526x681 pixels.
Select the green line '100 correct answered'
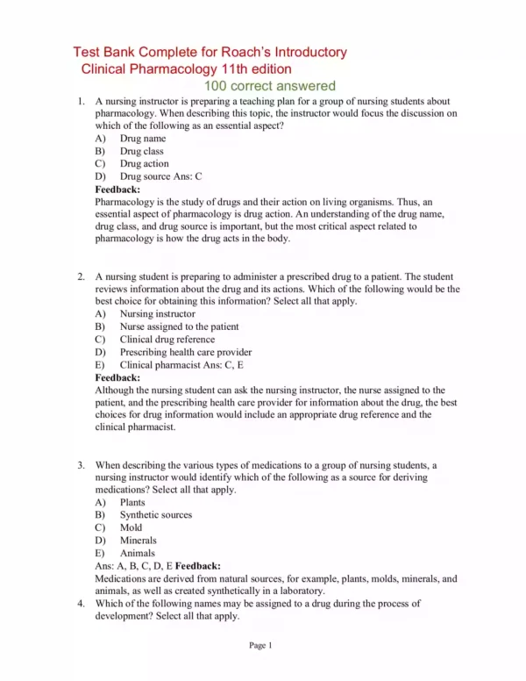[x=269, y=86]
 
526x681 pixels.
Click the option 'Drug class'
[x=141, y=151]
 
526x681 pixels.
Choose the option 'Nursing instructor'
[x=157, y=313]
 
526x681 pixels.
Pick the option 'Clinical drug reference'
[x=169, y=339]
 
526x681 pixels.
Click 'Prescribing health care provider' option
[x=188, y=352]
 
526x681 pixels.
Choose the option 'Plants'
[x=132, y=502]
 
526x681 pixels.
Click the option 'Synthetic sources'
[x=155, y=515]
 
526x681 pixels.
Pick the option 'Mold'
[x=131, y=527]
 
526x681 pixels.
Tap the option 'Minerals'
[x=138, y=541]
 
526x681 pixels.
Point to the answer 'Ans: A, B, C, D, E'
[x=131, y=566]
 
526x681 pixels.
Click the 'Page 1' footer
[x=261, y=646]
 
